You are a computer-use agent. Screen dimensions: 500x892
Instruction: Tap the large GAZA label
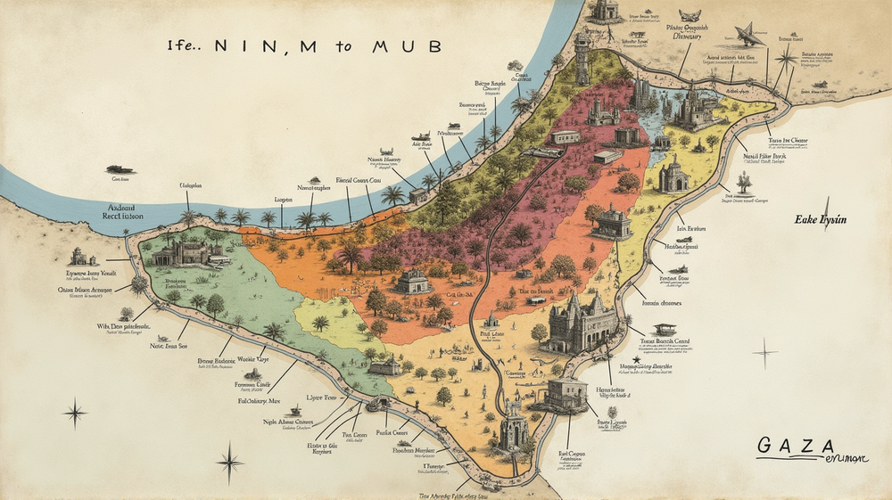797,445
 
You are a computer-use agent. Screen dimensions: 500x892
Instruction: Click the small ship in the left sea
119,169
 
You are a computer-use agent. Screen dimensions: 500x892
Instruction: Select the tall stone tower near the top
582,58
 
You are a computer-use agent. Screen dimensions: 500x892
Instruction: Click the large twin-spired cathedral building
582,322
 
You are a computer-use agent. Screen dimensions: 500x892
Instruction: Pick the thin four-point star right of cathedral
764,352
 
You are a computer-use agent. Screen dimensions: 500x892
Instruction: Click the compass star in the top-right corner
786,60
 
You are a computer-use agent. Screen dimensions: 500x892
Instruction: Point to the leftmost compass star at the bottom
75,413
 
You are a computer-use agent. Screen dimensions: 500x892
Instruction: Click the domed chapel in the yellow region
673,175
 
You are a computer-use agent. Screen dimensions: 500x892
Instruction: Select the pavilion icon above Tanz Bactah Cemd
665,329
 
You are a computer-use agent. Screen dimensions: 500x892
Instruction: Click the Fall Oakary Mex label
258,402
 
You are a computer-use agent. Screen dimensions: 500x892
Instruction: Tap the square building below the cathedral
566,392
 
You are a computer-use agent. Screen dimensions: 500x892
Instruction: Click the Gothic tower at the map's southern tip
514,427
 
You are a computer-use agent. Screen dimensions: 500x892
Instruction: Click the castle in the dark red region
604,112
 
